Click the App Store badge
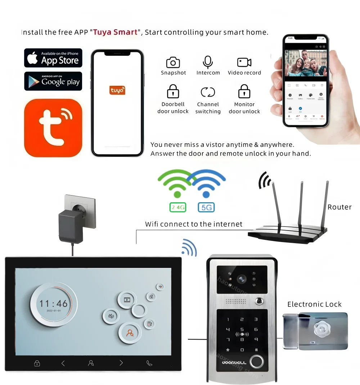(53, 58)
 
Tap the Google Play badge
(53, 81)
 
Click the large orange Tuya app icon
(53, 128)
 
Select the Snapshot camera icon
(173, 62)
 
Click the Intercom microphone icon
(208, 62)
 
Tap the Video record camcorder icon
(244, 62)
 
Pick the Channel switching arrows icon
(208, 92)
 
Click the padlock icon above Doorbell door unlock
(173, 91)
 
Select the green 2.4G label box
(177, 207)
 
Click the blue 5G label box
(206, 207)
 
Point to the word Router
(339, 207)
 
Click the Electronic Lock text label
(314, 304)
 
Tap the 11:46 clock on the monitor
(54, 303)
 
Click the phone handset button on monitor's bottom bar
(149, 363)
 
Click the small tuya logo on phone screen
(117, 90)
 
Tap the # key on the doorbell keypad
(256, 350)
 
